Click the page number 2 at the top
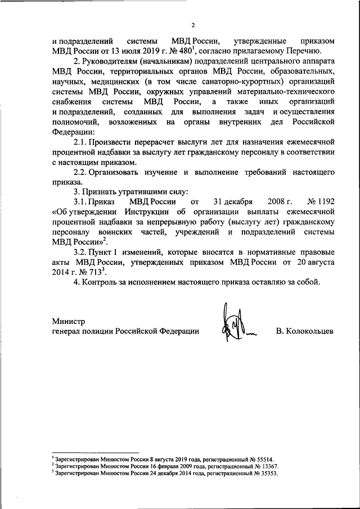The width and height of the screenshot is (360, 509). (192, 25)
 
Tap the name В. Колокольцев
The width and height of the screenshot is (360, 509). (305, 331)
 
